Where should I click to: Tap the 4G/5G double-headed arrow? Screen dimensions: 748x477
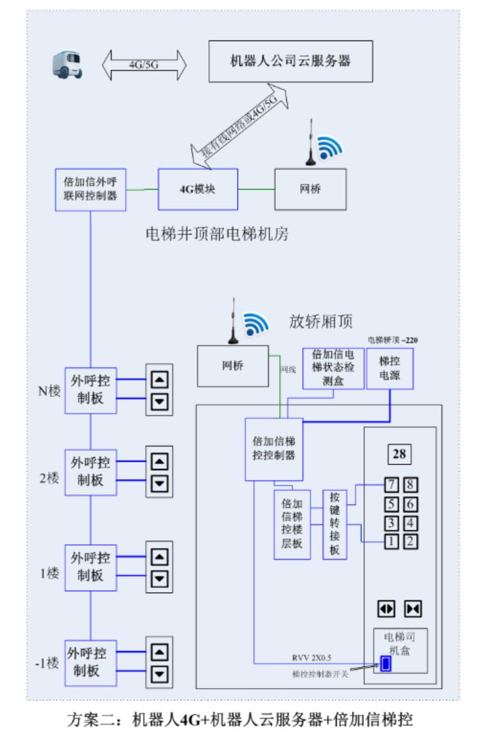(144, 65)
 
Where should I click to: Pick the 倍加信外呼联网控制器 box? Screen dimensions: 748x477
(90, 190)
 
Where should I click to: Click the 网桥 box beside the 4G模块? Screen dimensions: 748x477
(310, 189)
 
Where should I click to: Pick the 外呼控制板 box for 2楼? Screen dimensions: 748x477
(91, 472)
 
